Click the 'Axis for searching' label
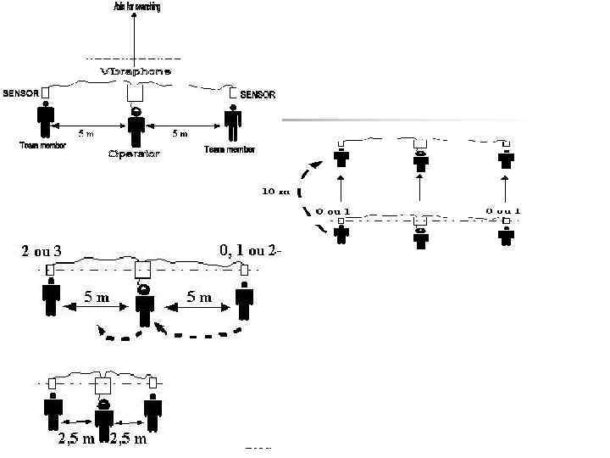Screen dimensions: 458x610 [x=136, y=7]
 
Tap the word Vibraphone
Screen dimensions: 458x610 [x=136, y=71]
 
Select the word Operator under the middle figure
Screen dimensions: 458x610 [x=134, y=154]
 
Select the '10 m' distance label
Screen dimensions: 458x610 [x=271, y=191]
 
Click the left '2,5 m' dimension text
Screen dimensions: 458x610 [x=75, y=438]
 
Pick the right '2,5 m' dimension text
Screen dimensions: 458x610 [x=129, y=438]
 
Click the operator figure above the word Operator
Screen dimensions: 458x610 [x=136, y=125]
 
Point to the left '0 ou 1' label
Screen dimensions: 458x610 [x=333, y=209]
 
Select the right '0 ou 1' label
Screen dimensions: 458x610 [x=503, y=209]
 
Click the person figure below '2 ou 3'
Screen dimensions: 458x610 [x=52, y=299]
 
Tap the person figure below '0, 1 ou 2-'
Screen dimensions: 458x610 [x=244, y=301]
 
